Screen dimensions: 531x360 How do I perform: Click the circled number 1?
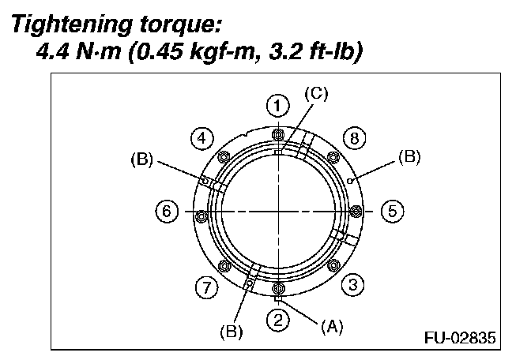[276, 105]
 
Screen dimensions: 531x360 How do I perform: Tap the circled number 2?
[277, 320]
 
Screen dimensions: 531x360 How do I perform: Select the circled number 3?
[354, 284]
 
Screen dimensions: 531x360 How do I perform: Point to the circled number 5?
[392, 212]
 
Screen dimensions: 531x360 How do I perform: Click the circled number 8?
[354, 139]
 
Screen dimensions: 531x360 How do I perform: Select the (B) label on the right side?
[409, 157]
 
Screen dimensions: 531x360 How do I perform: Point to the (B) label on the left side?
[140, 160]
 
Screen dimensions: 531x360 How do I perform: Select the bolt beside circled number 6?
[201, 215]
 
